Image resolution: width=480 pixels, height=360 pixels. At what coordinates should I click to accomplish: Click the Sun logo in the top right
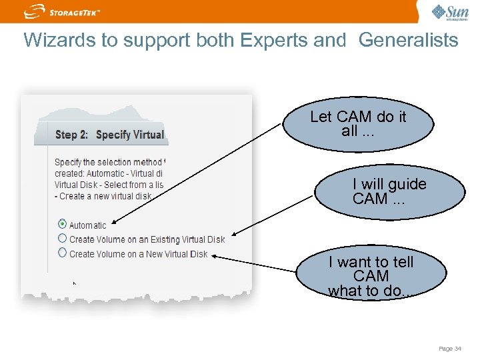[450, 12]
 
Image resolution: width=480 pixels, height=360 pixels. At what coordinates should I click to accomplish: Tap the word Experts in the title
[269, 40]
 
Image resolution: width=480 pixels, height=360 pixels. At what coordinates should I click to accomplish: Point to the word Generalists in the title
[408, 40]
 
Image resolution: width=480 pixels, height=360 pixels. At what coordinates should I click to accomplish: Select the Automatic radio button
[62, 224]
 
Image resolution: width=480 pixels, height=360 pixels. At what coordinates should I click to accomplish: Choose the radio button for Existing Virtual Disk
[62, 238]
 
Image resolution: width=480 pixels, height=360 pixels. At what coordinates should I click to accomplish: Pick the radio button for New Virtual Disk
[62, 253]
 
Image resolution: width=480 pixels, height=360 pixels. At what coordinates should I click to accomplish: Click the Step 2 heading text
[109, 135]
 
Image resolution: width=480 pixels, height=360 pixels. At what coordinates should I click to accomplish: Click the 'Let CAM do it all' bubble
[358, 123]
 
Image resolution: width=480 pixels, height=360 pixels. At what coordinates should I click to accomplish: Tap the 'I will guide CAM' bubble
[389, 191]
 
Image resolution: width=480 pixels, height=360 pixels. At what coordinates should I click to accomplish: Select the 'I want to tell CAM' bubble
[371, 275]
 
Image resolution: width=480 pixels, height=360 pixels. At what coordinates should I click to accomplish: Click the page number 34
[450, 348]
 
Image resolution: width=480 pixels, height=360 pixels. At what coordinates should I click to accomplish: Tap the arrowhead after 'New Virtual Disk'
[215, 257]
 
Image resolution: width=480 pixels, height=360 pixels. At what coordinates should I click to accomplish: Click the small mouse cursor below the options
[75, 284]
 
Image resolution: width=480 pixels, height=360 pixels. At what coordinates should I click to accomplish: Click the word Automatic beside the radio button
[87, 225]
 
